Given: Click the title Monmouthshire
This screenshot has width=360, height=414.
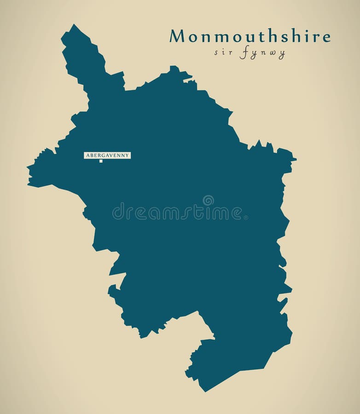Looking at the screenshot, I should [250, 36].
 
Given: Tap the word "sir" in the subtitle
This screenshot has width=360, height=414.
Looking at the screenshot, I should [222, 52].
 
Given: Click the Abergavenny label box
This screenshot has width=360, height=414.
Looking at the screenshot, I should [107, 155].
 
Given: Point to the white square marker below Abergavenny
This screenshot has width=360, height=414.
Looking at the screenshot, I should [101, 161].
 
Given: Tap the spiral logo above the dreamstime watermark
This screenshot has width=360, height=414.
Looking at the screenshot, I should [208, 200].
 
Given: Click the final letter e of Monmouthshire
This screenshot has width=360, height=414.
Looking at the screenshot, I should [326, 37].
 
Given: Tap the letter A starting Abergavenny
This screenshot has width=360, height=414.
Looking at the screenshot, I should [87, 155].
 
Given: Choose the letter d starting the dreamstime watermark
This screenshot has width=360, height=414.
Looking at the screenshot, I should [117, 213].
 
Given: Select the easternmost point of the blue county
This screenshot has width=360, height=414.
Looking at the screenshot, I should [296, 160].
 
